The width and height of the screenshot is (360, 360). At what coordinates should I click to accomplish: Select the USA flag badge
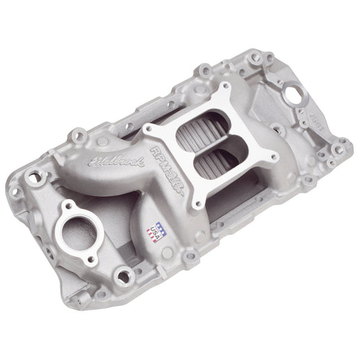click(x=157, y=232)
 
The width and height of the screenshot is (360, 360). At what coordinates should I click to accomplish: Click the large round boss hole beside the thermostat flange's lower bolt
click(x=122, y=274)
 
